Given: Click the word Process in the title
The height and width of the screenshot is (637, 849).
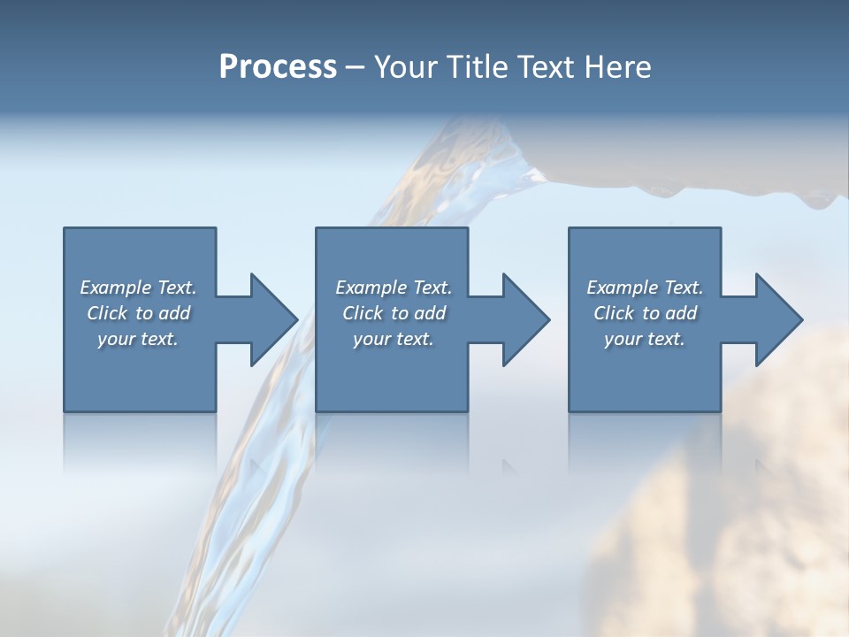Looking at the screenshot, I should point(278,67).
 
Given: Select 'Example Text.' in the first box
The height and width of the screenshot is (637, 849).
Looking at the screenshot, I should point(138,288).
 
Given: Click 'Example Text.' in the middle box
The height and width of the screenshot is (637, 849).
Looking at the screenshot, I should point(394,288).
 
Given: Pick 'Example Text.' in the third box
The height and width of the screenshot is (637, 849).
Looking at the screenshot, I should point(645,288).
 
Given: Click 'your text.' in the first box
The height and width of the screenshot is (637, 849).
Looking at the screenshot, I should point(138,339).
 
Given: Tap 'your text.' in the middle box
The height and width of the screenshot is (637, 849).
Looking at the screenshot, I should point(394,339).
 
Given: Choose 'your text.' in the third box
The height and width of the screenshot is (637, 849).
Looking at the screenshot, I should point(645,339).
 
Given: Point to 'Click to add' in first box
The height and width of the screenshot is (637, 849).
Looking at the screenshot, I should point(138,313).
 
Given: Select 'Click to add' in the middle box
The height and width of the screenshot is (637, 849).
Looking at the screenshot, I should point(394,313).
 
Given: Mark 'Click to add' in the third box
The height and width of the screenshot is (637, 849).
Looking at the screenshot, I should point(645,313).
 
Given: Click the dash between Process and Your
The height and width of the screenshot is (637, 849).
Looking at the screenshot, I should point(355,69).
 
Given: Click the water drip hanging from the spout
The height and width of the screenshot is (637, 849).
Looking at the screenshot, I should point(812,201).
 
